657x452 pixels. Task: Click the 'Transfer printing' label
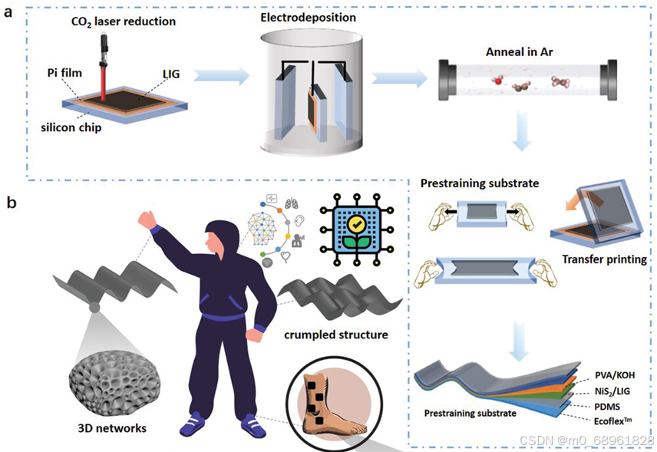coord(603,259)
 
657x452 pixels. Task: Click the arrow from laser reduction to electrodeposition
coord(219,76)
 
